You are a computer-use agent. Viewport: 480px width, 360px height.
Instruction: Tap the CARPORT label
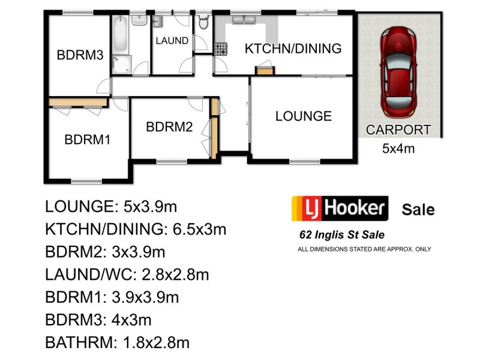coord(398,130)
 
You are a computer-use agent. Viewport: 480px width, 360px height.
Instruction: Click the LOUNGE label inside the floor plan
coord(303,116)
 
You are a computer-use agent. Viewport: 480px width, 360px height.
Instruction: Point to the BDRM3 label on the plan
coord(80,55)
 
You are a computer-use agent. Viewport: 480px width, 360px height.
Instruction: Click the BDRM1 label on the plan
coord(88,140)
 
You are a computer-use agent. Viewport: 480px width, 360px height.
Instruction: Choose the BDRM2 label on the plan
coord(169,127)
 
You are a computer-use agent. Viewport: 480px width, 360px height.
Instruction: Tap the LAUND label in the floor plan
coord(172,41)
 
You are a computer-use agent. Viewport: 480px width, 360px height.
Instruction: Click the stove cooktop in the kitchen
coord(221,49)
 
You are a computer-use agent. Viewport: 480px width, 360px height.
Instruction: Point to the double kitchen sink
coord(245,21)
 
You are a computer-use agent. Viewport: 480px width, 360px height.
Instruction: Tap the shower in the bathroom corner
coord(121,65)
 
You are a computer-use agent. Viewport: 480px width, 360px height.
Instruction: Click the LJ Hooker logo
coord(339,209)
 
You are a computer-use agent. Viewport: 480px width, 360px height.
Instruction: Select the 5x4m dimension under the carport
coord(398,148)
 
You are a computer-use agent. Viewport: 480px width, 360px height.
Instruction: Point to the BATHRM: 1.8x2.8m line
coord(117,343)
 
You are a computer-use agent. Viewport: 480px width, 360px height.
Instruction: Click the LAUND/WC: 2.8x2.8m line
coord(127,275)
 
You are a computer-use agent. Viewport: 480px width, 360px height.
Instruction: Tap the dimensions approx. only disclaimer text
coord(364,249)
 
